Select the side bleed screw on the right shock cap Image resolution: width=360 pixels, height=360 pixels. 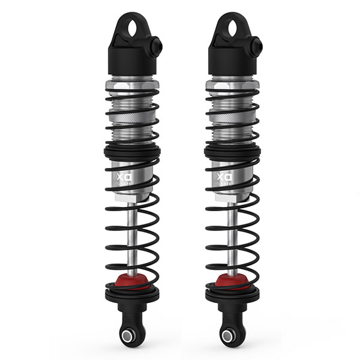tap(257, 44)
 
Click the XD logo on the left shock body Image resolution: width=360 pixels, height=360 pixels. tap(121, 178)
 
